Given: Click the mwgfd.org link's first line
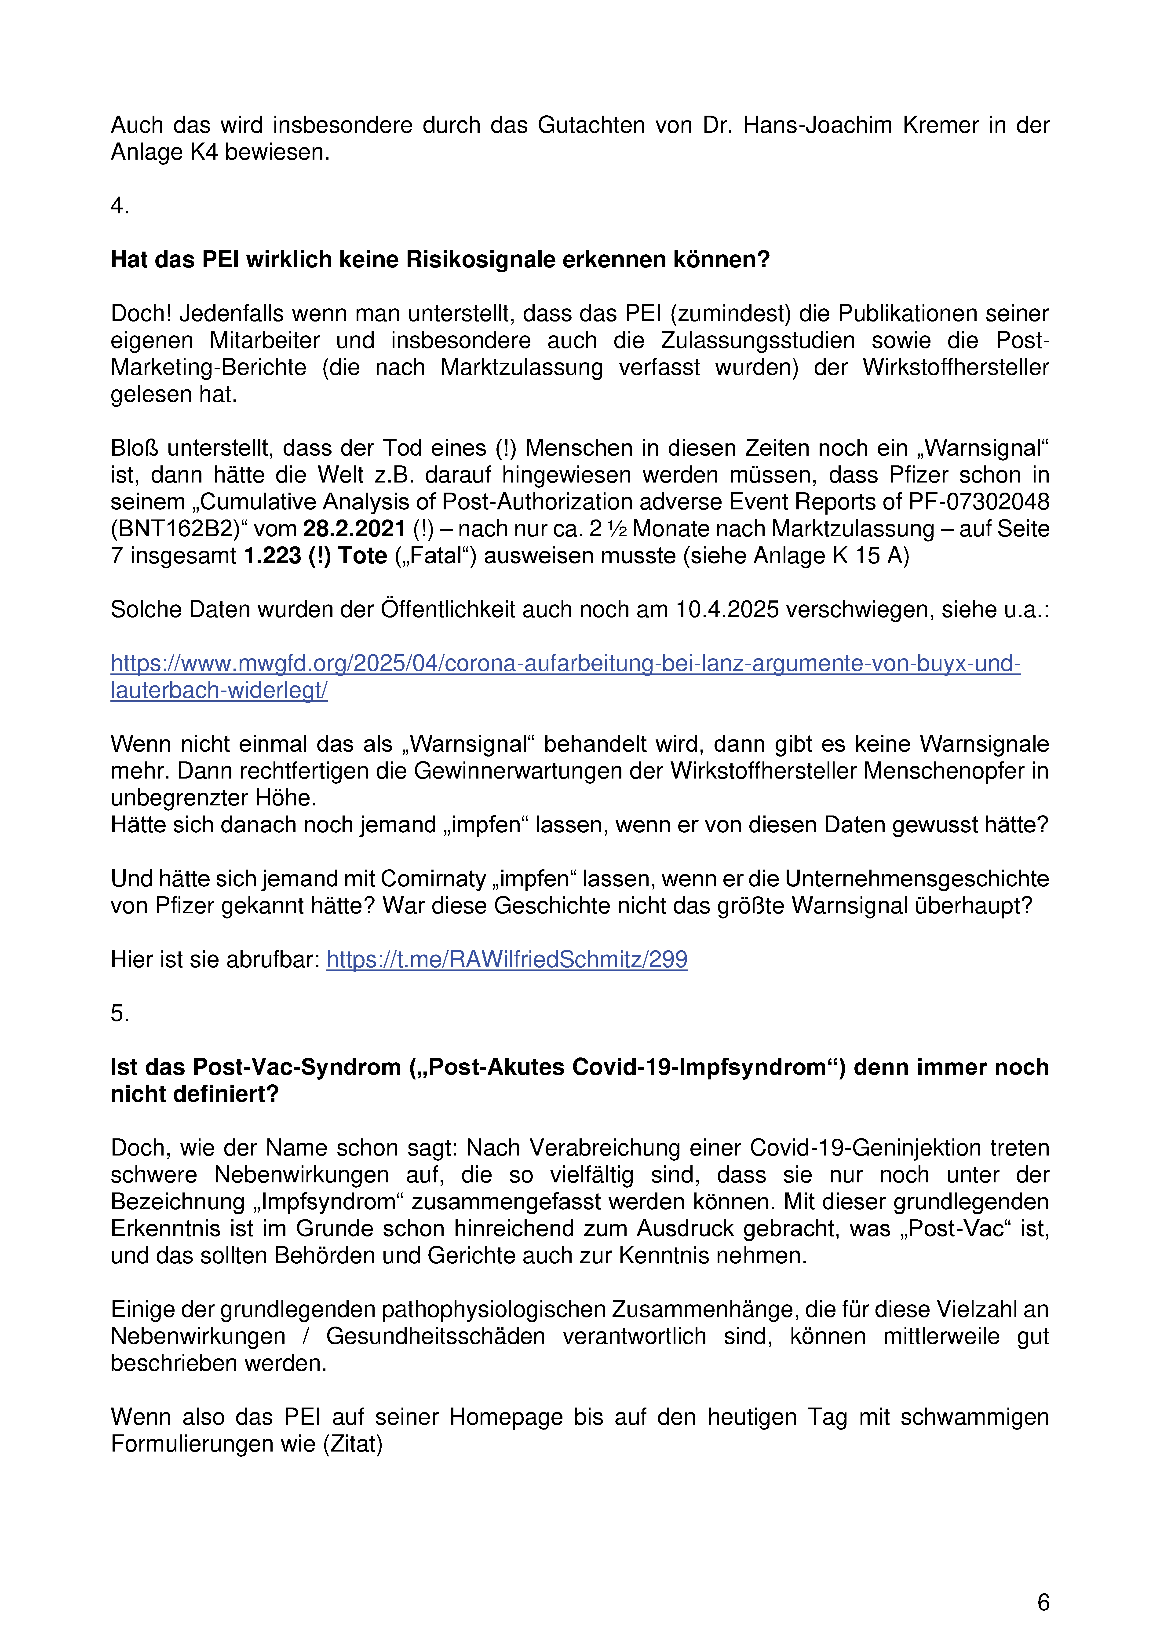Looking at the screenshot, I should click(565, 664).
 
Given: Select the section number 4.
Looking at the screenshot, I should click(119, 206).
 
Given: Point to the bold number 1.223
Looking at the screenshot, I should click(273, 556).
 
